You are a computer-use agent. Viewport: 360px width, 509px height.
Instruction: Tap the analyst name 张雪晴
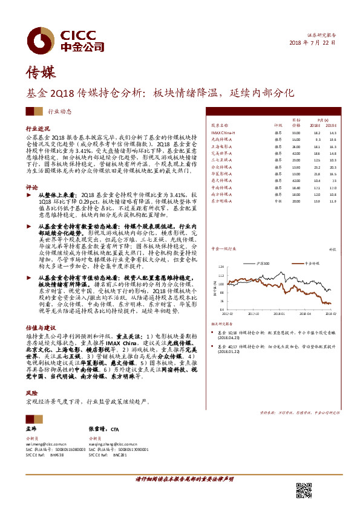(97, 427)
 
